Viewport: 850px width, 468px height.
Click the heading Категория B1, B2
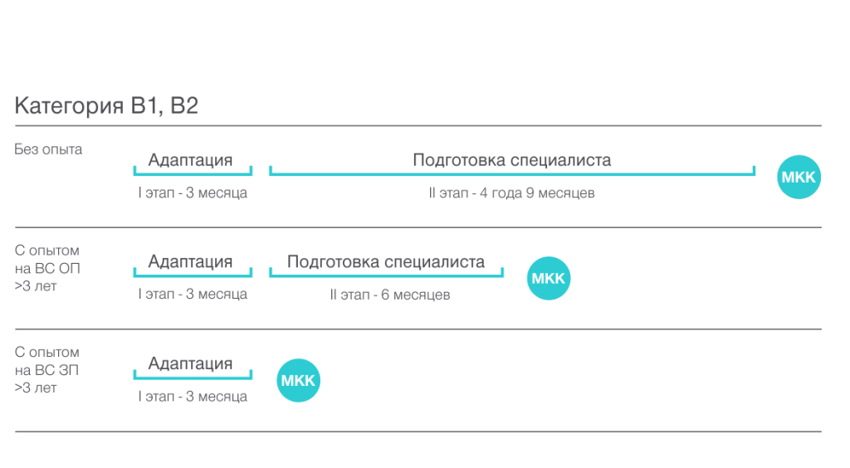(x=106, y=105)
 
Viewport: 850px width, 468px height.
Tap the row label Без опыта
(x=48, y=149)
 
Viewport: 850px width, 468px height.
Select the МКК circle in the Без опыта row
(x=799, y=177)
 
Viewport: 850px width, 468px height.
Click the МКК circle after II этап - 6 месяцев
(x=549, y=279)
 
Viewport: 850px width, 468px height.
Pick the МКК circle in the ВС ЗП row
(x=298, y=380)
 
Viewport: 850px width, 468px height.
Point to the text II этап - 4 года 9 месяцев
(x=511, y=193)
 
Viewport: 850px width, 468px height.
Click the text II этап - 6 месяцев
(x=390, y=295)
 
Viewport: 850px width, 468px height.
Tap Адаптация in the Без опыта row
(x=190, y=160)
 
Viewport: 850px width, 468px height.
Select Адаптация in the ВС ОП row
(x=190, y=262)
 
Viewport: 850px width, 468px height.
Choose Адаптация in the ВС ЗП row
(x=190, y=363)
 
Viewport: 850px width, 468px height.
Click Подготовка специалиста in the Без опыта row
(x=511, y=160)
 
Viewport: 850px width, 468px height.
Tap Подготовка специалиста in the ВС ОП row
(x=386, y=262)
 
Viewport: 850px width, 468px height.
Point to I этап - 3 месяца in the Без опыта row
(x=193, y=193)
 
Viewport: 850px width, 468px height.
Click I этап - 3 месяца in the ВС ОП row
(x=193, y=294)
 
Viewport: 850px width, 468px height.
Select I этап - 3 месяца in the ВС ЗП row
(x=193, y=397)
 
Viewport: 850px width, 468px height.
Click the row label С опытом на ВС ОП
(x=47, y=268)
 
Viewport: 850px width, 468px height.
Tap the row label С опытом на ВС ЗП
(x=47, y=370)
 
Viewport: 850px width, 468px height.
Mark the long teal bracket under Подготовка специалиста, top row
(x=511, y=174)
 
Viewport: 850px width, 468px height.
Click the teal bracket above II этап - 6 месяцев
(x=386, y=275)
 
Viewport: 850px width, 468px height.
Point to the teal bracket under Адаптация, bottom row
(x=193, y=378)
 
